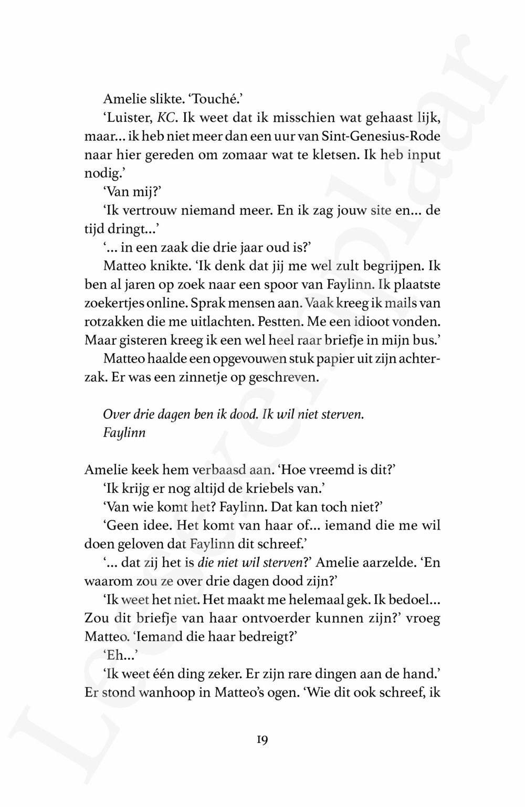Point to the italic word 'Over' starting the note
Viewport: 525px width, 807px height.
point(114,414)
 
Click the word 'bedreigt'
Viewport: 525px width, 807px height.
point(261,637)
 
